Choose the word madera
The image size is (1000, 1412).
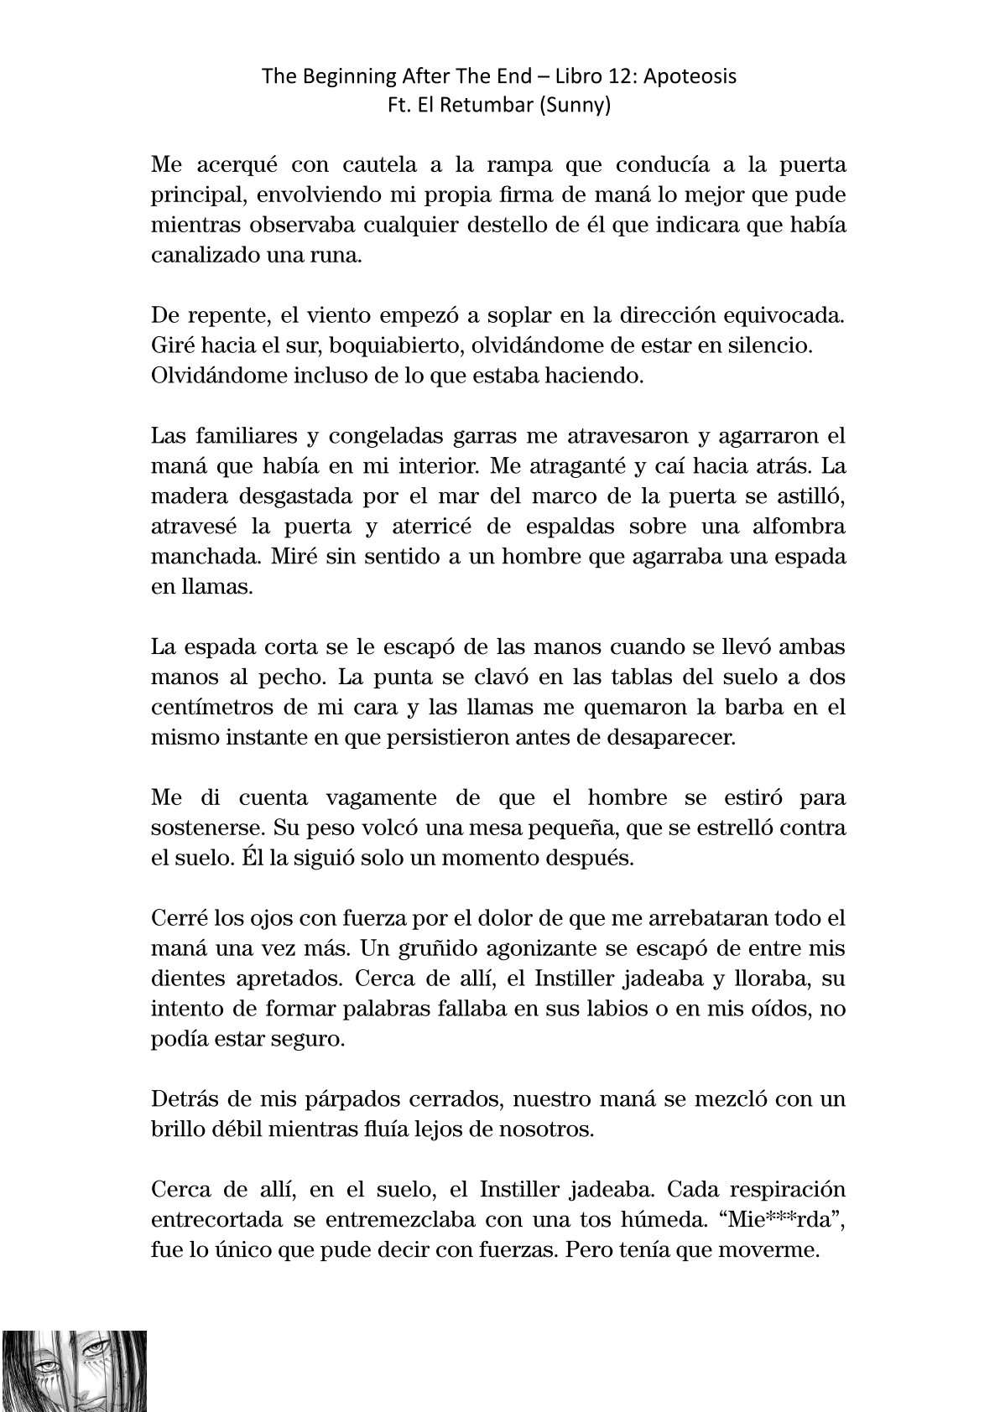point(181,496)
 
